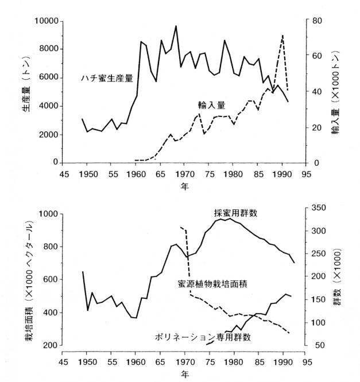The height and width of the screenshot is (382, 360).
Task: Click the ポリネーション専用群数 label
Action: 203,337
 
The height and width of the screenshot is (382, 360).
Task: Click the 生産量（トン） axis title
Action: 28,91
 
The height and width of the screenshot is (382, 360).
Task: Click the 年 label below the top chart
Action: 184,186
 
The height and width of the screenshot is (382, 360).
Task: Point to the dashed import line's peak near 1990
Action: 282,36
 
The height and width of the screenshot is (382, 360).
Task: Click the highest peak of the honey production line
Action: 176,26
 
